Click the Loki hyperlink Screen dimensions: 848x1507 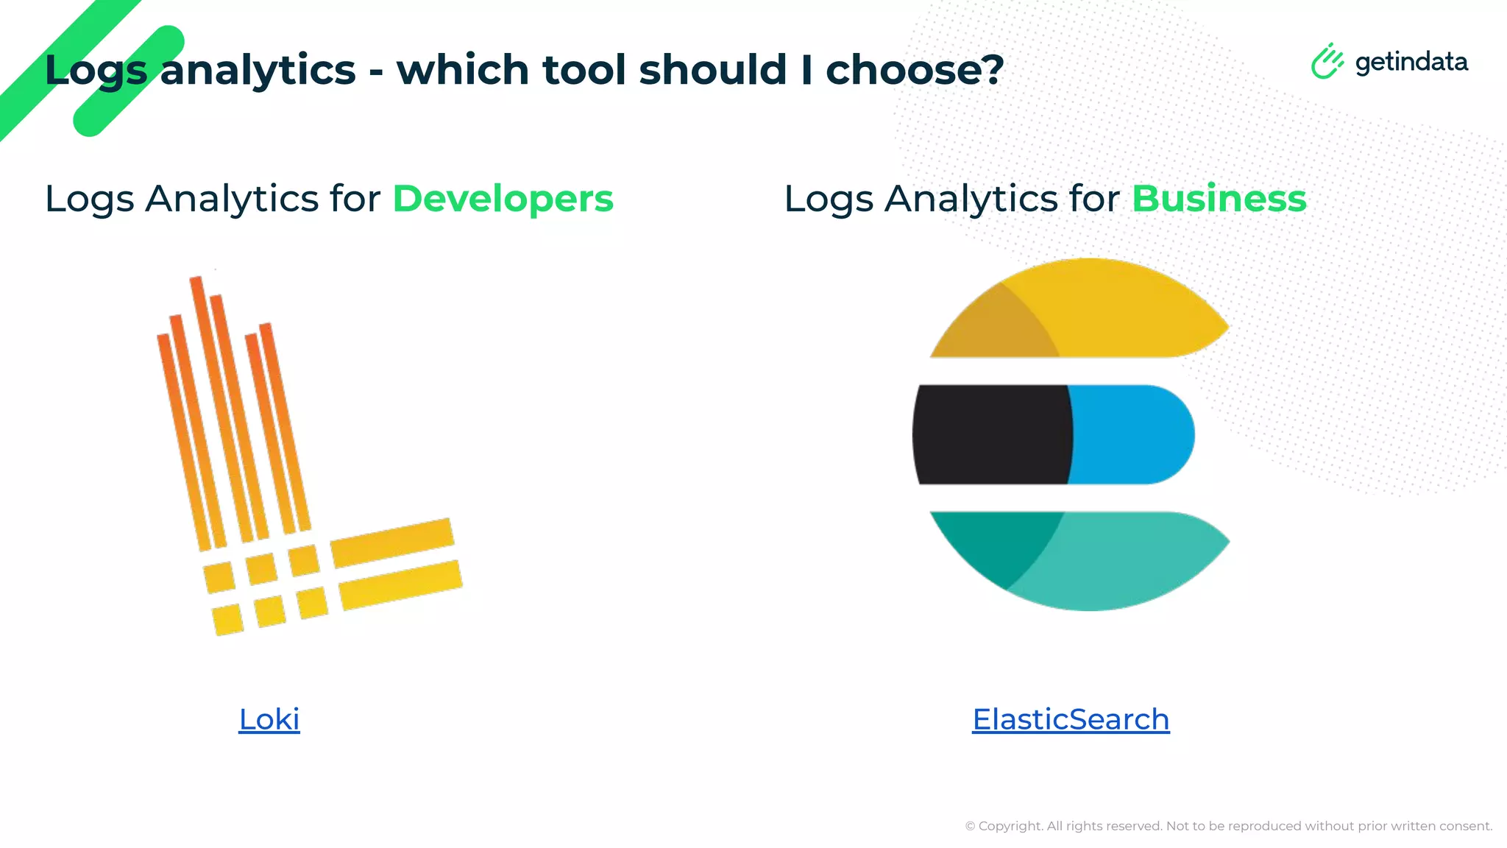tap(269, 719)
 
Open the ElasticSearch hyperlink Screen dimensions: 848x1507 tap(1071, 719)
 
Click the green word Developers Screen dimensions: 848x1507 tap(503, 199)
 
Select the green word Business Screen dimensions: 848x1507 tap(1219, 199)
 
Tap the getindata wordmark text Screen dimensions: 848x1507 tap(1411, 62)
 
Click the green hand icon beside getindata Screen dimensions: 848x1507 tap(1327, 62)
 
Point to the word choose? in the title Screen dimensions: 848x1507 tap(915, 70)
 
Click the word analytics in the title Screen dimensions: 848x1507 tap(258, 70)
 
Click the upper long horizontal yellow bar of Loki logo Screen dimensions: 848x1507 tap(391, 543)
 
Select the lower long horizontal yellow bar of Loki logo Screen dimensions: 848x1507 tap(401, 584)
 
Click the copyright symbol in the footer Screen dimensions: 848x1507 tap(970, 827)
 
